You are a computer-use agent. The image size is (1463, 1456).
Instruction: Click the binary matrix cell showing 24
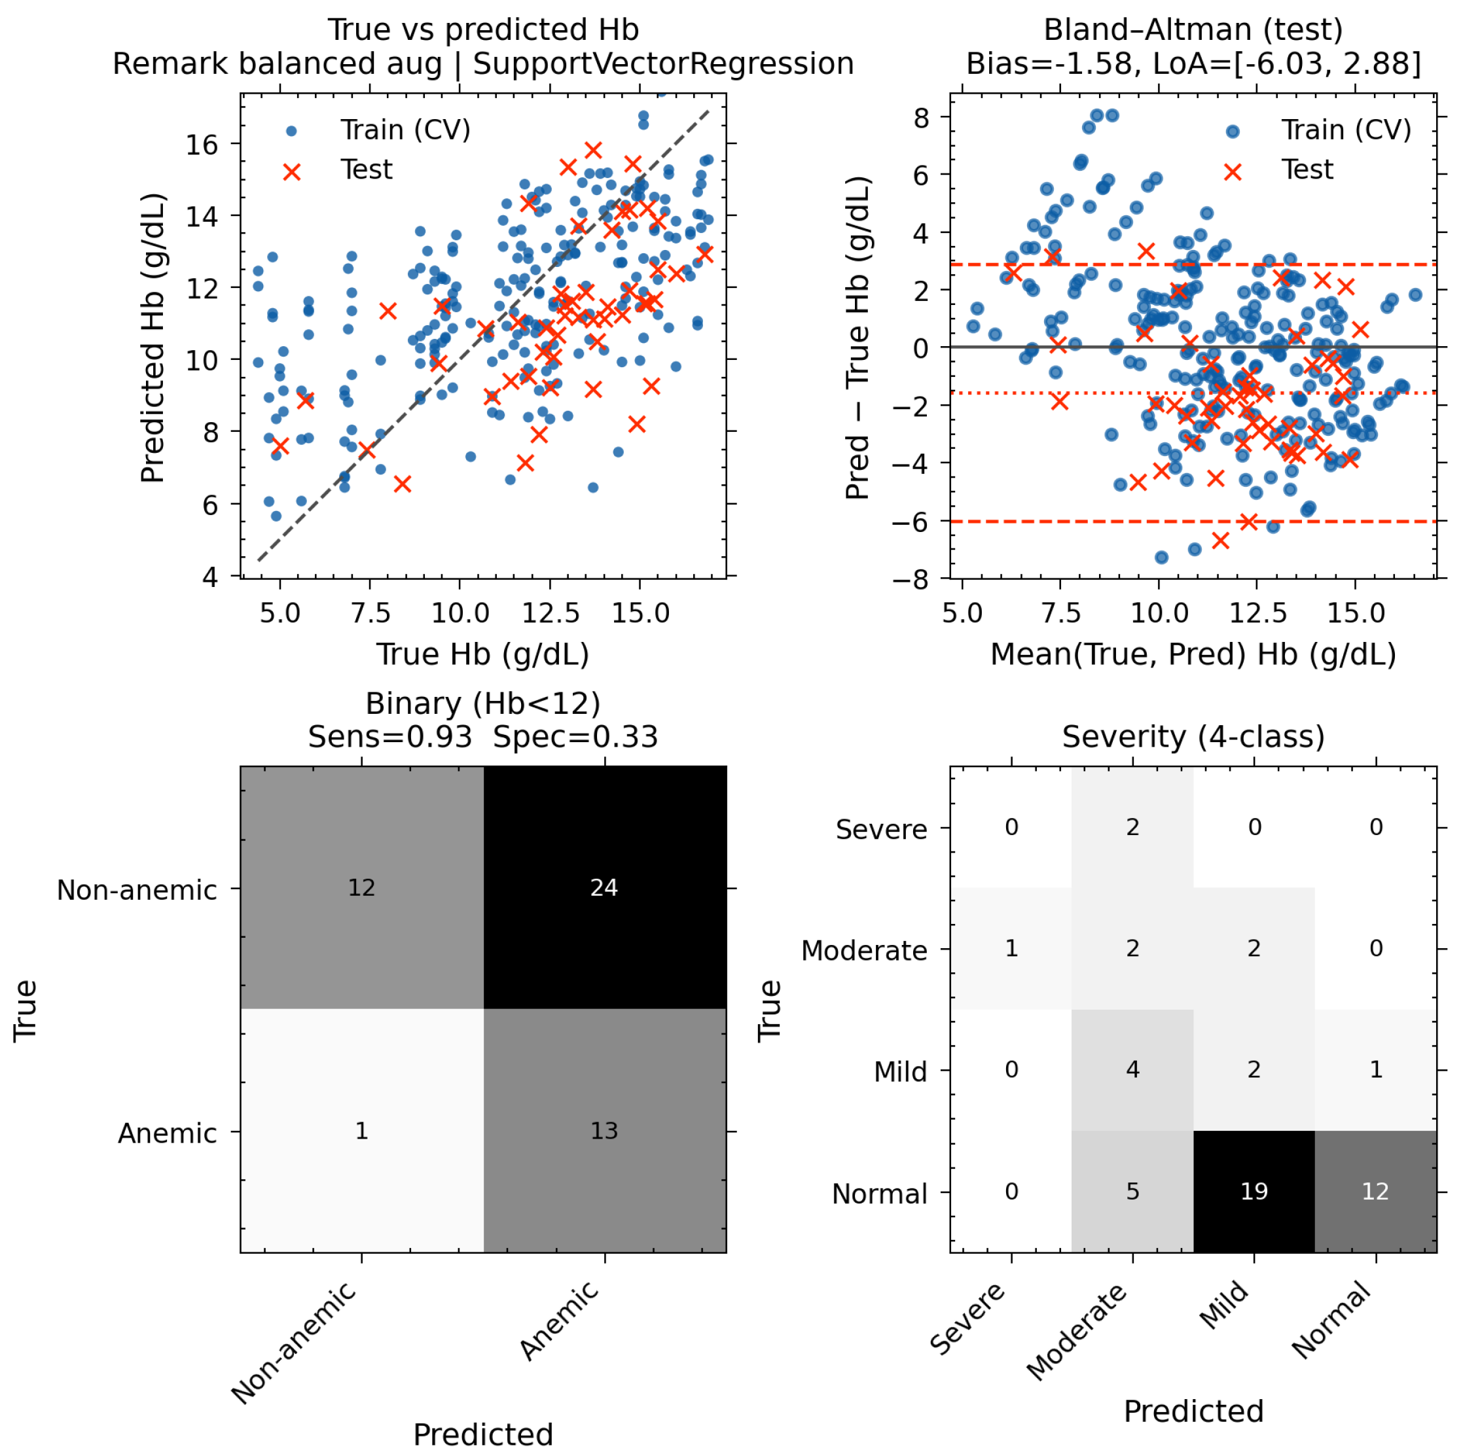pyautogui.click(x=604, y=887)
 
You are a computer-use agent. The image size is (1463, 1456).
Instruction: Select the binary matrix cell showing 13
pyautogui.click(x=604, y=1130)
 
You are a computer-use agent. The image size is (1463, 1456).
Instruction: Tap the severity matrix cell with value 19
pyautogui.click(x=1254, y=1191)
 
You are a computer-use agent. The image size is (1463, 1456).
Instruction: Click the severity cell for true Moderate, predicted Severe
pyautogui.click(x=1011, y=948)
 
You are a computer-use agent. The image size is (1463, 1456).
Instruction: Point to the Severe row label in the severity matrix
pyautogui.click(x=882, y=829)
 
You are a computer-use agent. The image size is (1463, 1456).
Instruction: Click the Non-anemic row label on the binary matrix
pyautogui.click(x=137, y=890)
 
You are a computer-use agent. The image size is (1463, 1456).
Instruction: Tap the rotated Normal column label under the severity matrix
pyautogui.click(x=1331, y=1319)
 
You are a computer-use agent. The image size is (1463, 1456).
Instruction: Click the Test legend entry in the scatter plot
pyautogui.click(x=367, y=169)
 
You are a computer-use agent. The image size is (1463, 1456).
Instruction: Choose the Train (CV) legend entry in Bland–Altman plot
pyautogui.click(x=1346, y=130)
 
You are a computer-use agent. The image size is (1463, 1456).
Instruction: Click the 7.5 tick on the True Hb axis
pyautogui.click(x=370, y=613)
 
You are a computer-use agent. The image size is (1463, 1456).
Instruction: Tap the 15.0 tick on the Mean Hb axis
pyautogui.click(x=1356, y=613)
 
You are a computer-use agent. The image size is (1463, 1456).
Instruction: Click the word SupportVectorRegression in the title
pyautogui.click(x=663, y=63)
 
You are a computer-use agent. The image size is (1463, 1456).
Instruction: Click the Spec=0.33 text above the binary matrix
pyautogui.click(x=575, y=736)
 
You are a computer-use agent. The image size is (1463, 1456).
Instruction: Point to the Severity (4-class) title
pyautogui.click(x=1193, y=736)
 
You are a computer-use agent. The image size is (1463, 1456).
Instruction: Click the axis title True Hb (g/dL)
pyautogui.click(x=483, y=654)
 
